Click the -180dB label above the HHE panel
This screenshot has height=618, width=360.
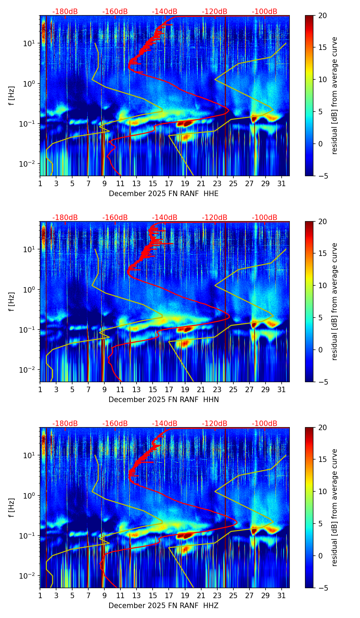tap(65, 12)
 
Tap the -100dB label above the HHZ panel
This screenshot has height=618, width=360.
tap(265, 424)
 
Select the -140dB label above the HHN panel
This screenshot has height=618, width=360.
tap(165, 218)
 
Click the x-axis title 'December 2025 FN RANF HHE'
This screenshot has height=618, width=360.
tap(164, 194)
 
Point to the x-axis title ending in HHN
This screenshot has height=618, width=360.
tap(164, 400)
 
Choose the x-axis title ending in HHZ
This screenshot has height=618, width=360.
tap(164, 606)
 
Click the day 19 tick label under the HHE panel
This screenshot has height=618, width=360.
tap(185, 184)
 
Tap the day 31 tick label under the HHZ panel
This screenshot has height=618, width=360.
tap(281, 596)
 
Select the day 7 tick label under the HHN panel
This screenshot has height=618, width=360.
tap(88, 390)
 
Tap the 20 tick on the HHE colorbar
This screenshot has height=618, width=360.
tap(323, 15)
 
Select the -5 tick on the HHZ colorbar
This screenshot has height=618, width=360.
tap(323, 588)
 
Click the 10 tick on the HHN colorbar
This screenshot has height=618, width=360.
tap(323, 285)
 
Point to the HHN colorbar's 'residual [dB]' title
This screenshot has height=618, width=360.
tap(334, 301)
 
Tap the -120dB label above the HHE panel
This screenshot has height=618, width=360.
tap(215, 12)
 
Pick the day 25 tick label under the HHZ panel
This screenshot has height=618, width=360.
tap(233, 596)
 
